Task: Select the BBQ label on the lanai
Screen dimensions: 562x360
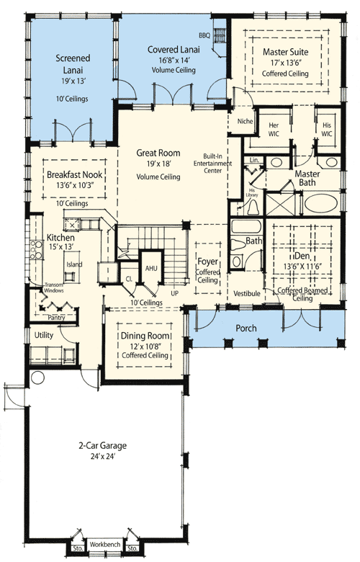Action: click(204, 34)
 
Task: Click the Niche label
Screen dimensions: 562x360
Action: click(244, 121)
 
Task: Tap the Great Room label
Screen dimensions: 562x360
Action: click(158, 153)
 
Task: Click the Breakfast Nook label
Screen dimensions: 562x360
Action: click(71, 175)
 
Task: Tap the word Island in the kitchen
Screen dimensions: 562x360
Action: click(73, 264)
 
